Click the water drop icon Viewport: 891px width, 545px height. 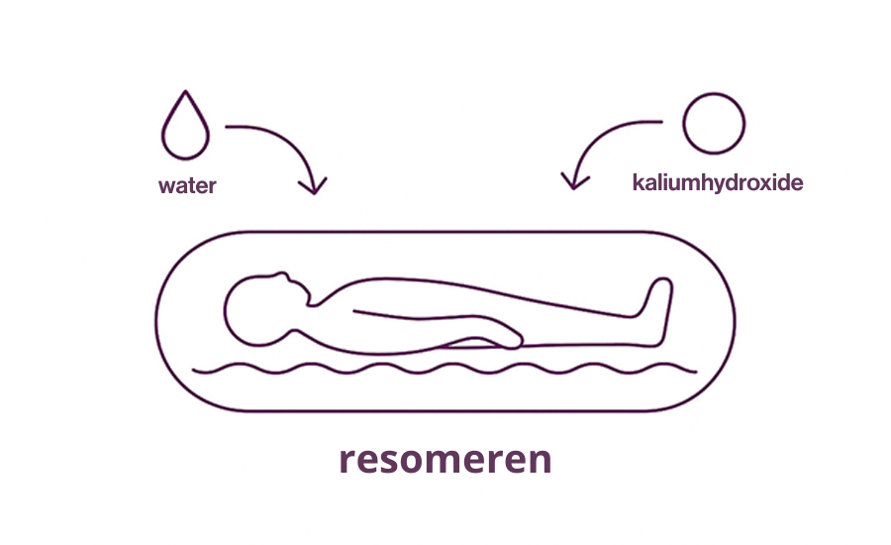pyautogui.click(x=184, y=131)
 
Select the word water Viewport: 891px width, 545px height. pyautogui.click(x=187, y=184)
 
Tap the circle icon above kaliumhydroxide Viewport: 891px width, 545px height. pyautogui.click(x=714, y=124)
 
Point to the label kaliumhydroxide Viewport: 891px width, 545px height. pyautogui.click(x=717, y=183)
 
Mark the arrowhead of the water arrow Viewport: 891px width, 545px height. pyautogui.click(x=315, y=186)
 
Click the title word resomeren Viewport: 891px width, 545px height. pyautogui.click(x=445, y=460)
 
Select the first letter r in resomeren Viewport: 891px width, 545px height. pyautogui.click(x=347, y=462)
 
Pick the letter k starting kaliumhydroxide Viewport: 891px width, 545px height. pyautogui.click(x=638, y=183)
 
